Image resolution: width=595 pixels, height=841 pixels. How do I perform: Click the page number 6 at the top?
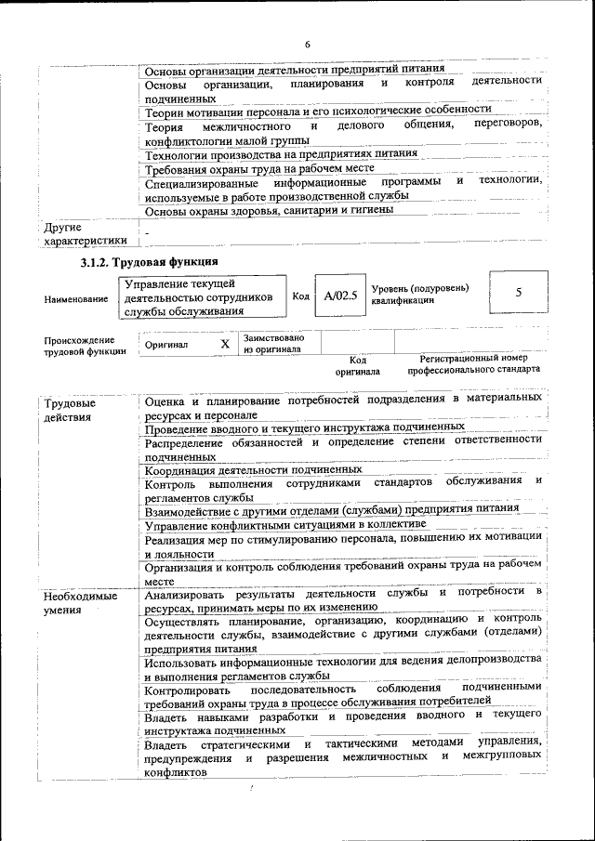tap(307, 46)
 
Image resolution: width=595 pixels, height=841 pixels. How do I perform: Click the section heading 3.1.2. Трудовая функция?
tap(149, 263)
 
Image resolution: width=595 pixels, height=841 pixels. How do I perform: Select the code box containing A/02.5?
tap(337, 296)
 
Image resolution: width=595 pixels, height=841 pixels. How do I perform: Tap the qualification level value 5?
tap(518, 293)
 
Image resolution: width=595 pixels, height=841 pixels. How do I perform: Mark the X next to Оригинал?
tap(224, 344)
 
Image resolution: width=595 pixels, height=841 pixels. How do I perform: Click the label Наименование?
tap(73, 298)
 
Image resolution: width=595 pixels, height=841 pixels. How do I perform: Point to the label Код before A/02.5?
tap(300, 296)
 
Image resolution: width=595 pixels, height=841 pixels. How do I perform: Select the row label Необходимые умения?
tap(81, 602)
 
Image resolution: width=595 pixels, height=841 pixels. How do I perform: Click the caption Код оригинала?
tap(358, 363)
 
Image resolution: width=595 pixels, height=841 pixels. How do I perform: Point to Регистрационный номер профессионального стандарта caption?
tap(473, 362)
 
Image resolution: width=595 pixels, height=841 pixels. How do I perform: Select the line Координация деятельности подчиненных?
tap(253, 469)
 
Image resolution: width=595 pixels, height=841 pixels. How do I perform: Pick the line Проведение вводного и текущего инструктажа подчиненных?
tap(305, 427)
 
